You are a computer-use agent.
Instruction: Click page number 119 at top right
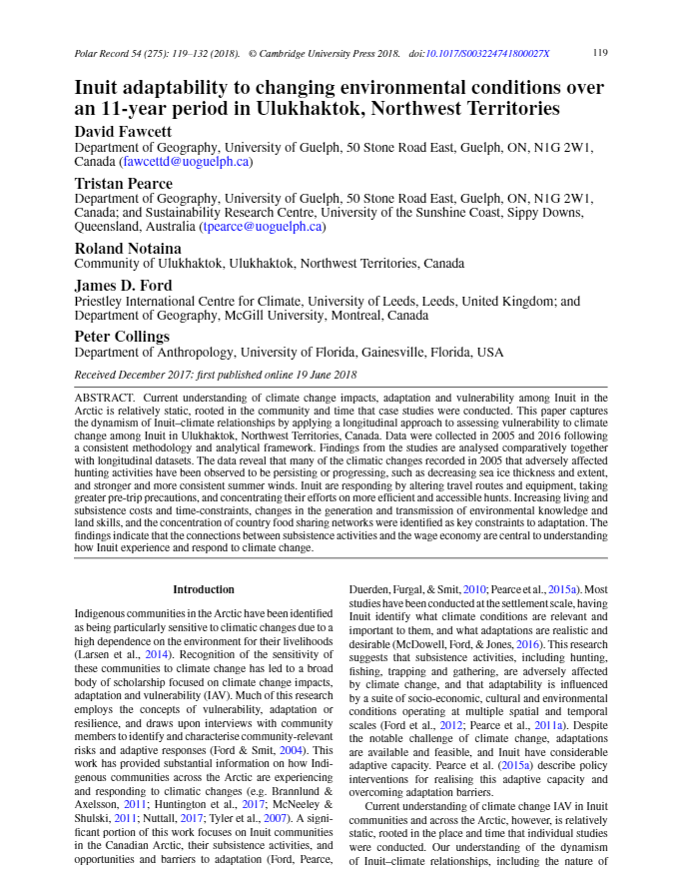(600, 53)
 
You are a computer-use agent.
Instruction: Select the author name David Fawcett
(124, 132)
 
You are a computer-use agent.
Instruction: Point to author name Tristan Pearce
(124, 183)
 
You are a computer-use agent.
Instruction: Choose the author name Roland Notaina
(128, 249)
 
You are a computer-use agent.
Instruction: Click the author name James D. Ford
(124, 286)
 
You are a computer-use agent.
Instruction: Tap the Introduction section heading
(204, 589)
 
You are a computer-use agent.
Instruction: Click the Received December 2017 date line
(215, 375)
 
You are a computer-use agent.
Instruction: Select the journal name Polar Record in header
(107, 53)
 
